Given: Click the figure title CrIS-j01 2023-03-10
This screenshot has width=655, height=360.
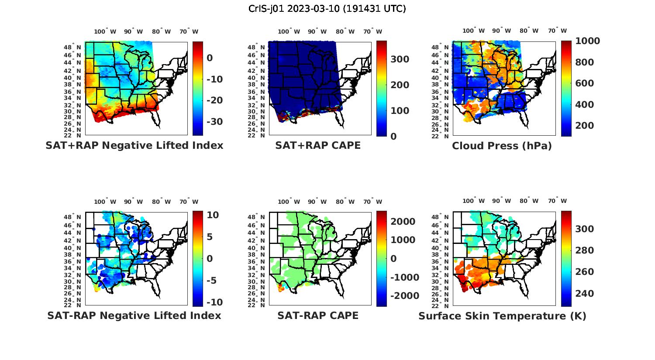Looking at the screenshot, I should [327, 9].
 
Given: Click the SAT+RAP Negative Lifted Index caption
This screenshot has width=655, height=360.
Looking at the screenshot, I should [134, 146].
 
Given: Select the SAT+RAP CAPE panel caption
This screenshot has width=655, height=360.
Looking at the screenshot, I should [318, 146].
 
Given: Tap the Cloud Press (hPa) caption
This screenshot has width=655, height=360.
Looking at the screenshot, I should [502, 146].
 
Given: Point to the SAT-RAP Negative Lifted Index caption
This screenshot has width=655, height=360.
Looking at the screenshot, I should [134, 315].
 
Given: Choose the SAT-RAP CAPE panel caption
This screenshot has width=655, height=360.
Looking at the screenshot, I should [318, 315].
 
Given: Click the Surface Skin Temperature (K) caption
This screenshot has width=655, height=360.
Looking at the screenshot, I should [502, 316].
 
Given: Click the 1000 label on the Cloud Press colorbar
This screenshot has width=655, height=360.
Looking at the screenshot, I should [587, 41].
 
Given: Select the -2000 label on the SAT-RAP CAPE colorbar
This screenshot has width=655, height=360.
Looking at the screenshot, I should [405, 296].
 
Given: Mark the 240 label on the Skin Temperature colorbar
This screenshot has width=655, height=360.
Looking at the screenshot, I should [585, 294].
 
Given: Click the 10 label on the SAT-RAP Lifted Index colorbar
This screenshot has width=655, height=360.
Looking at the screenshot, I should [213, 215].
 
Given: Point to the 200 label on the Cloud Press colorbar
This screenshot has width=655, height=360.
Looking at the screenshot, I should [585, 126].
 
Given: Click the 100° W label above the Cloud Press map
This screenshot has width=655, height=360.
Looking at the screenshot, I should [474, 31].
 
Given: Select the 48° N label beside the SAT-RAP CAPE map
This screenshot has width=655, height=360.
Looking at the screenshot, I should [256, 217].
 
